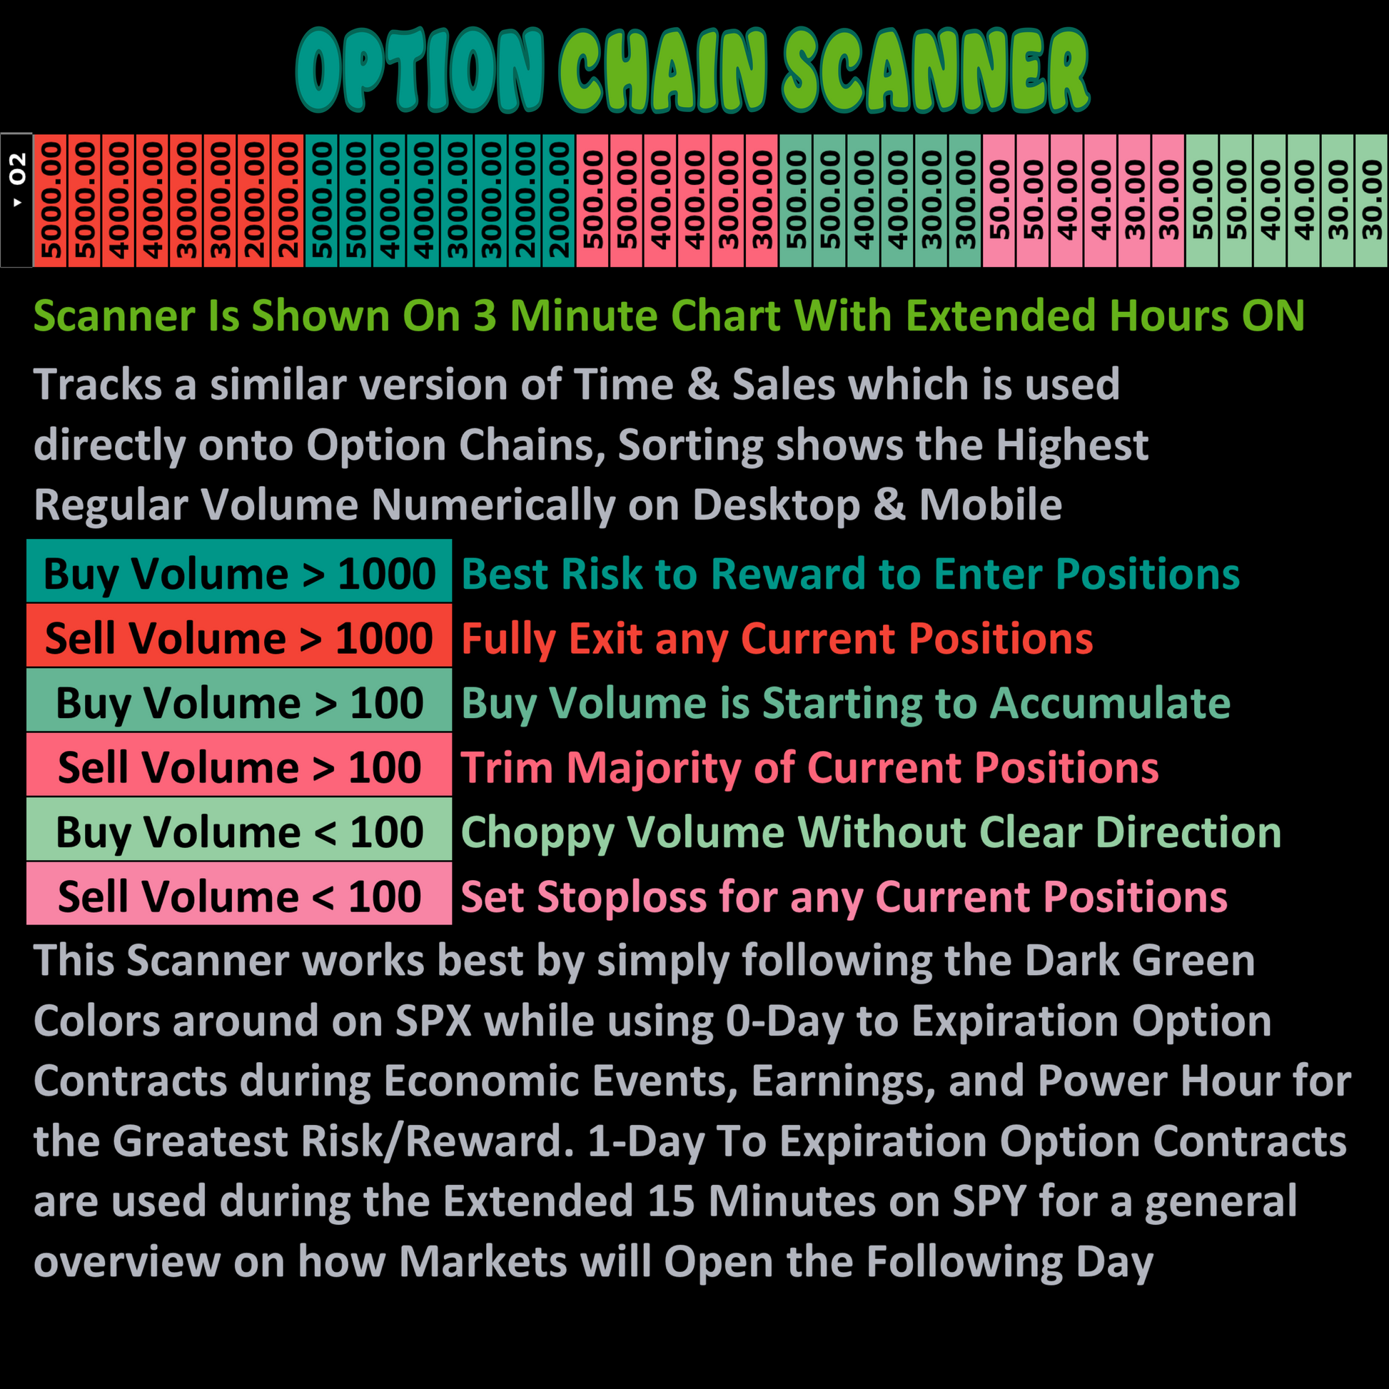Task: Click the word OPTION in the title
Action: click(420, 71)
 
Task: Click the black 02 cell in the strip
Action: click(16, 200)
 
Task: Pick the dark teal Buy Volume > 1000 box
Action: click(238, 571)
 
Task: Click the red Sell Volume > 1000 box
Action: click(238, 635)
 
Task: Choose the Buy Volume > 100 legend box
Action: click(238, 700)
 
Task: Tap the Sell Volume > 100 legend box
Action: click(238, 765)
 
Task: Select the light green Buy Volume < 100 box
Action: click(238, 829)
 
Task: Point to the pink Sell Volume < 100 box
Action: click(238, 894)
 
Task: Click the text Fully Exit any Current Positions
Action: click(777, 639)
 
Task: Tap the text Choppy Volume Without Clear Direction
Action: click(872, 833)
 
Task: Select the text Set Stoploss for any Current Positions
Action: click(844, 898)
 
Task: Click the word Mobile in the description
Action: click(991, 505)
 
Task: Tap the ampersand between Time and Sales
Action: click(703, 384)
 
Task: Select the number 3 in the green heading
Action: click(485, 316)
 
